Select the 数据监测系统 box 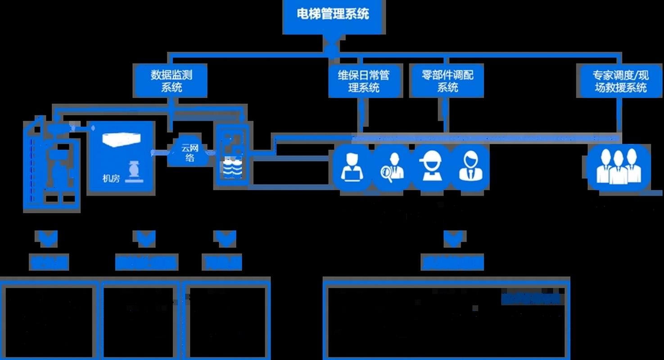(x=171, y=80)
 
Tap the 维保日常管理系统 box (x=364, y=81)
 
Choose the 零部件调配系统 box (x=447, y=81)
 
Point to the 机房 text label (x=111, y=178)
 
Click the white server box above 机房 (x=122, y=139)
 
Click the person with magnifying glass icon (x=392, y=166)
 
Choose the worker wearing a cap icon (x=430, y=166)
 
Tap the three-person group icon (x=619, y=166)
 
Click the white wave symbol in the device (x=232, y=169)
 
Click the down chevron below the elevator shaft (x=49, y=238)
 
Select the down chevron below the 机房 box (x=145, y=238)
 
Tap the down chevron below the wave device (x=225, y=238)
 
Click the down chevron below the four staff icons (x=453, y=238)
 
